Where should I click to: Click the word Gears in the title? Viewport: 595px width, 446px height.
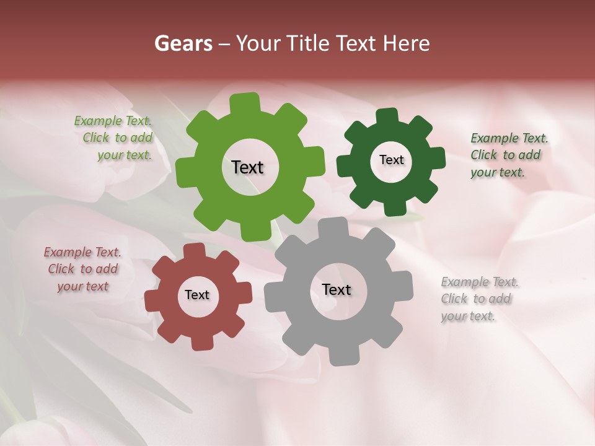tap(183, 43)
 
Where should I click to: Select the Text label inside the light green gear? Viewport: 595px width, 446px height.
tap(247, 167)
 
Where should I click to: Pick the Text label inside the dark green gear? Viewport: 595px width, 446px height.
tap(391, 160)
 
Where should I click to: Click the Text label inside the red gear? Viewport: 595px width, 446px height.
tap(197, 295)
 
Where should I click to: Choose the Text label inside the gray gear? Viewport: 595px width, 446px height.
tap(337, 289)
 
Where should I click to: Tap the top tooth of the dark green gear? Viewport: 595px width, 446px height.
tap(387, 116)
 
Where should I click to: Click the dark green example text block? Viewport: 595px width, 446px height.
tap(509, 155)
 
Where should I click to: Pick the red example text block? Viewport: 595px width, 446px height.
tap(82, 269)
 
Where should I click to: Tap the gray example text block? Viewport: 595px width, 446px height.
tap(480, 299)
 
